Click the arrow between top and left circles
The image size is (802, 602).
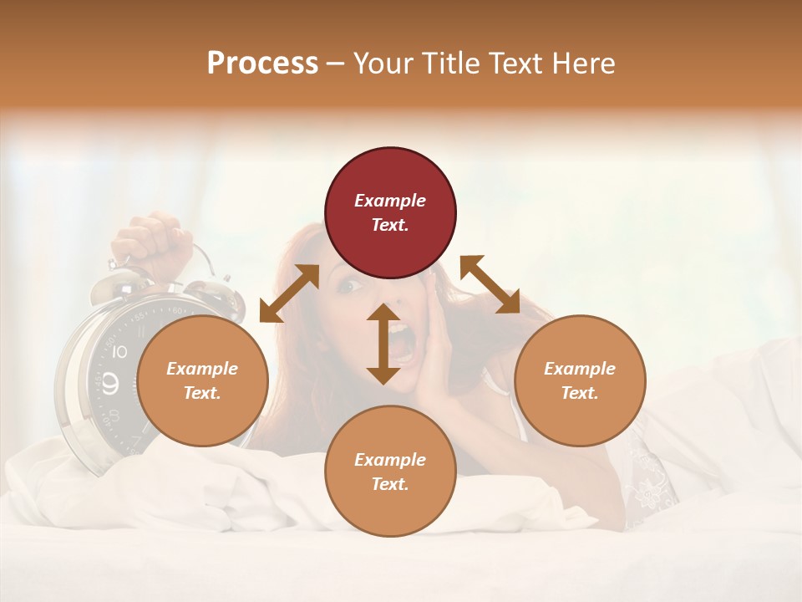(x=289, y=293)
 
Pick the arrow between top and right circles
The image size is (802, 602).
(x=490, y=284)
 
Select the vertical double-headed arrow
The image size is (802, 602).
(x=383, y=344)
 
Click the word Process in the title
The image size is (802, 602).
(x=262, y=63)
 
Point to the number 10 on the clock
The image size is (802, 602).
(x=119, y=352)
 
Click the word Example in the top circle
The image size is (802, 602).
(x=390, y=201)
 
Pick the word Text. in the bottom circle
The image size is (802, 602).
(x=390, y=484)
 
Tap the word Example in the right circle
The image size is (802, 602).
(x=580, y=369)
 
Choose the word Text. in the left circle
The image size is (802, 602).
(x=202, y=393)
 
